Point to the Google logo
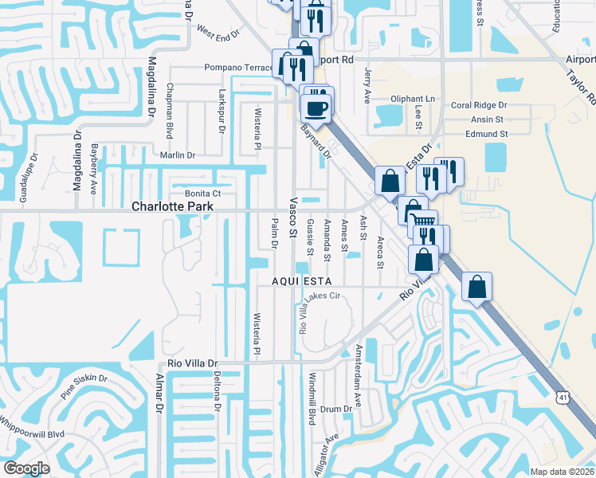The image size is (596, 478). (25, 468)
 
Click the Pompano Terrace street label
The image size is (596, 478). (239, 68)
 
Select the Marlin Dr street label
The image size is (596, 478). (177, 155)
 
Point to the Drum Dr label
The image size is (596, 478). (336, 409)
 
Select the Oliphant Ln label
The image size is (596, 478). (414, 99)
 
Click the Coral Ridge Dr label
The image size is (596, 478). (479, 105)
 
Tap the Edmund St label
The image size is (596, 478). (488, 135)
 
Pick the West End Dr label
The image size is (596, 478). (218, 35)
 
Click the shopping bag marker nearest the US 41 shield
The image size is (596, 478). (476, 287)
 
